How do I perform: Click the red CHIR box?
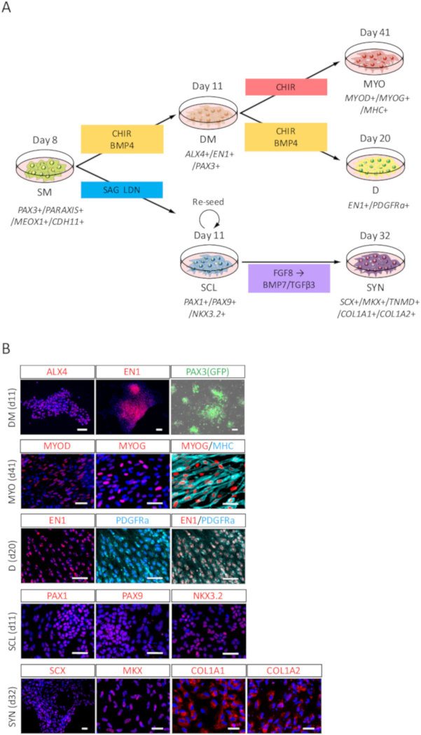point(286,87)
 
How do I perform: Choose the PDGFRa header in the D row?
point(132,520)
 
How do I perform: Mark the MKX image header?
point(132,671)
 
